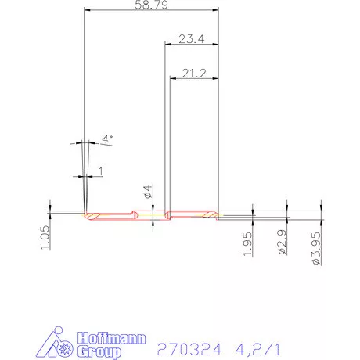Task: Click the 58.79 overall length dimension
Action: [x=150, y=5]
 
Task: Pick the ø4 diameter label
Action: [x=147, y=193]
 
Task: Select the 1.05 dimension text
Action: [x=45, y=237]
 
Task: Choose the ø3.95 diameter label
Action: [x=316, y=247]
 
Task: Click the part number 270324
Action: [x=187, y=347]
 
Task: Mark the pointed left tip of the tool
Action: [x=84, y=213]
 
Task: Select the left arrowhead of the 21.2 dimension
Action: [x=173, y=79]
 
